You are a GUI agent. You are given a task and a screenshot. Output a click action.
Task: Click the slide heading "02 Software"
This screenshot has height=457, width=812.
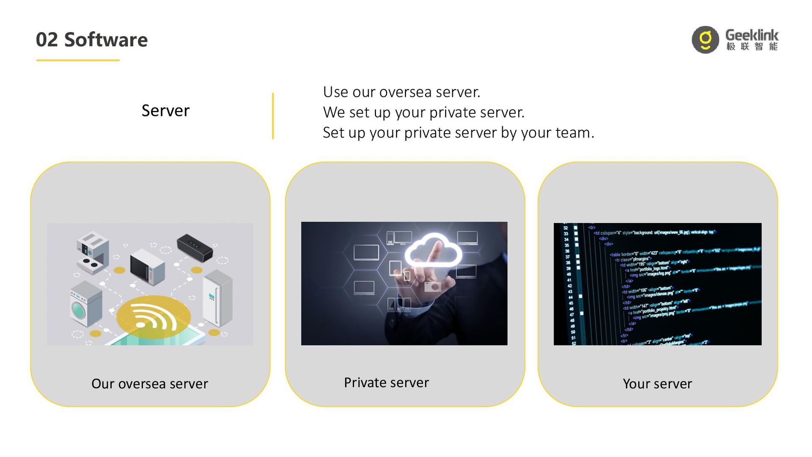click(92, 40)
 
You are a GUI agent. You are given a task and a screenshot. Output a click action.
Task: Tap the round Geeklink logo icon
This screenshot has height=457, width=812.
click(705, 40)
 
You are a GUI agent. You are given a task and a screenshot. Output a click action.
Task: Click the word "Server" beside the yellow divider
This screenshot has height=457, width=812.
click(165, 111)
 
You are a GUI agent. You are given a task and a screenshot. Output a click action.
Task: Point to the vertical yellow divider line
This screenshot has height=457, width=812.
click(273, 116)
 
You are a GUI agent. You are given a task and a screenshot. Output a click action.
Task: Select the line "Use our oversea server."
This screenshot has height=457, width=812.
click(401, 92)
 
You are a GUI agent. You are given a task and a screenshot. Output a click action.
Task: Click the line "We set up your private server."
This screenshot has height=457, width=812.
click(423, 112)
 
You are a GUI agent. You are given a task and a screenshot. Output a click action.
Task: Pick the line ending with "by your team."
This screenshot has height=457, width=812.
click(458, 132)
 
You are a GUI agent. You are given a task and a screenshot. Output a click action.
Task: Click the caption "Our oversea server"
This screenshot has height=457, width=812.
click(150, 384)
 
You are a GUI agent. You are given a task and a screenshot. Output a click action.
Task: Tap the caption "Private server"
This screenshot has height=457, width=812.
click(386, 383)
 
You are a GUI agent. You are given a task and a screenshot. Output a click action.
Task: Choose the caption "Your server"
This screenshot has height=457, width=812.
click(657, 384)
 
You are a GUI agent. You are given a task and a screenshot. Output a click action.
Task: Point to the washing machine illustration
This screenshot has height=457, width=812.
click(86, 304)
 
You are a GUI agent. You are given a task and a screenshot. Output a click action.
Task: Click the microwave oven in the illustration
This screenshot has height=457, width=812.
click(148, 267)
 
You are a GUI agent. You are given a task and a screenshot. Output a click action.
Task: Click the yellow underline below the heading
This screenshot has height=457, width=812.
click(78, 61)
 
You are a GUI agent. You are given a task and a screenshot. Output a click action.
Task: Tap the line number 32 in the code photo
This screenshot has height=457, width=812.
click(566, 228)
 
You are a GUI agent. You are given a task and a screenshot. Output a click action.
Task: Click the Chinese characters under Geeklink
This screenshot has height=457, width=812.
click(752, 47)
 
